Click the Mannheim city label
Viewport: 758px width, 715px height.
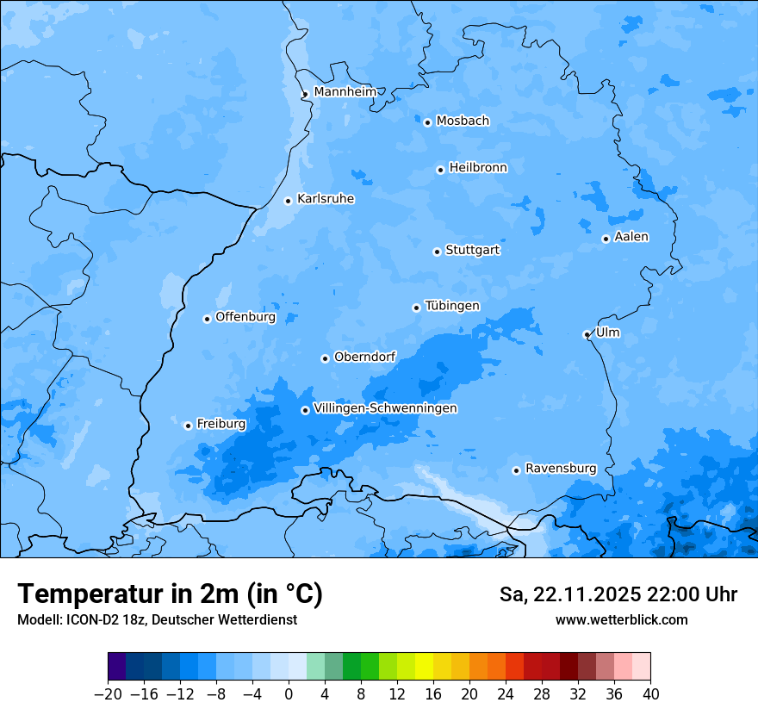point(345,91)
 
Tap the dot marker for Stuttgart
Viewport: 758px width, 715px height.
point(437,252)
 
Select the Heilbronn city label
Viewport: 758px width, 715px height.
point(478,168)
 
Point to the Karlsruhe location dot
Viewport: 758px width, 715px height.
point(289,201)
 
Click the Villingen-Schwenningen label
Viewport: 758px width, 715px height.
point(385,408)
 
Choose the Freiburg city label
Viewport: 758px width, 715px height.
point(221,424)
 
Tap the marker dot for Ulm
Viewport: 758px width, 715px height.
point(587,334)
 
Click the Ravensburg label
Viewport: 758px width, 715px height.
point(561,469)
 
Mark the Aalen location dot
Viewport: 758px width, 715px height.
point(606,239)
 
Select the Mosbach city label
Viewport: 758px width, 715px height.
point(463,121)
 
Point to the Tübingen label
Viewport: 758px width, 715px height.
point(452,306)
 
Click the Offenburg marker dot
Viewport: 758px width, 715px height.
point(207,319)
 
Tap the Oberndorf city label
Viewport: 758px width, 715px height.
point(365,357)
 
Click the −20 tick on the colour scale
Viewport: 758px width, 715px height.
point(108,694)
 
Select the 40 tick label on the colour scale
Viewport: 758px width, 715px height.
point(650,694)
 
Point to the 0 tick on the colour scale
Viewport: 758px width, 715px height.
point(289,694)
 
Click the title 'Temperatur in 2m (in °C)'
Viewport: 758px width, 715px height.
point(171,594)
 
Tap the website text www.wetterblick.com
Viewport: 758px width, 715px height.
point(621,619)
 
